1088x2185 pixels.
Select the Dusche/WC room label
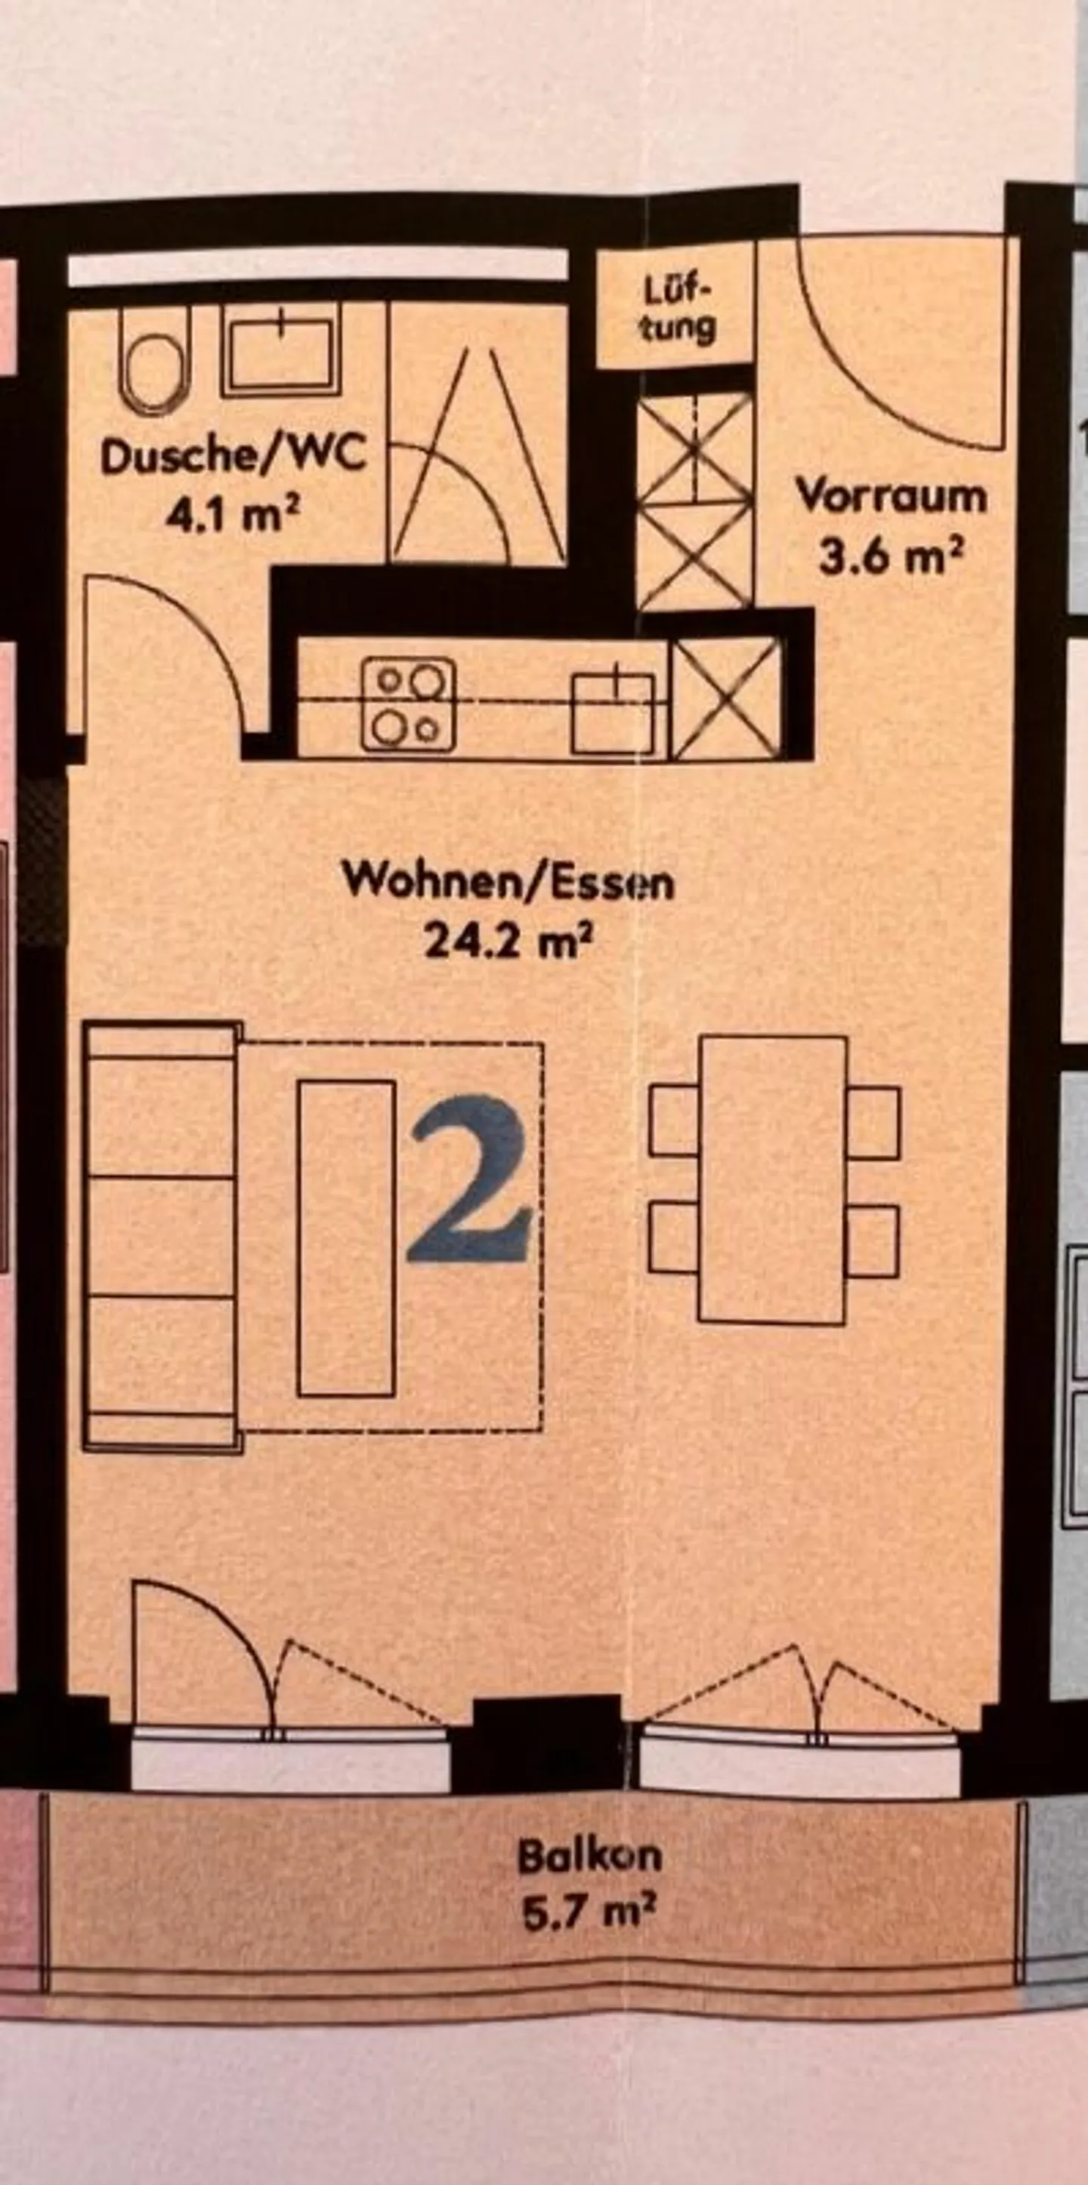click(233, 455)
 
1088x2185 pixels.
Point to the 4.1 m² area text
click(233, 514)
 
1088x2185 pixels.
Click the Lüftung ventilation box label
click(676, 309)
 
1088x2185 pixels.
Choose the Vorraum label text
click(891, 496)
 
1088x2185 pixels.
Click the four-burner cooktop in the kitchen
click(408, 704)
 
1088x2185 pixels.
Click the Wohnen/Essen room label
click(508, 882)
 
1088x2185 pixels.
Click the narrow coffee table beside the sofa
click(346, 1239)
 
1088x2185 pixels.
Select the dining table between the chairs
click(772, 1180)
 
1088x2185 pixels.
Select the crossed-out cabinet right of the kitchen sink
click(726, 697)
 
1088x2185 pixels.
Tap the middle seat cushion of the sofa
click(160, 1237)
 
